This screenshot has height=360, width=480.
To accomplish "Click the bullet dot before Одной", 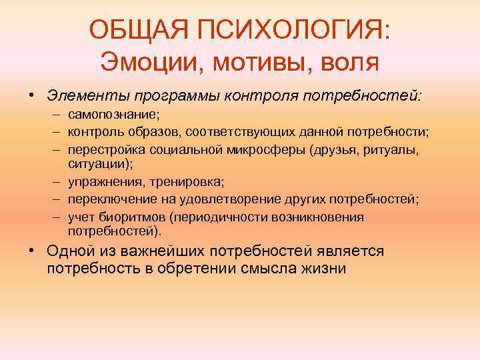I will pos(33,251).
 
